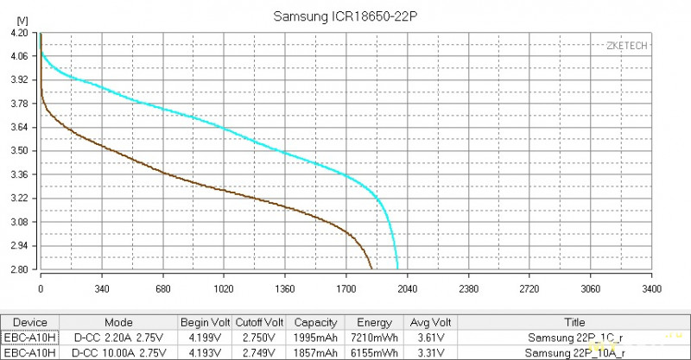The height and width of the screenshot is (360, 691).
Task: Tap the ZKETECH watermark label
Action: point(628,46)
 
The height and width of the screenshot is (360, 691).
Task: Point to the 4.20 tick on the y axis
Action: point(20,32)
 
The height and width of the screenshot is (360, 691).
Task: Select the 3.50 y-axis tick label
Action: point(20,151)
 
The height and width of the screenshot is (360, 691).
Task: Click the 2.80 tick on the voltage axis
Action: point(20,269)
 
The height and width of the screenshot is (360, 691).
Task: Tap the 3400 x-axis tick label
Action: point(652,288)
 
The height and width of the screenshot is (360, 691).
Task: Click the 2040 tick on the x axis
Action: point(408,288)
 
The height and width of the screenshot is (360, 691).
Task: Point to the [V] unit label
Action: point(22,19)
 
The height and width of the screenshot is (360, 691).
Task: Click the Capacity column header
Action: point(315,323)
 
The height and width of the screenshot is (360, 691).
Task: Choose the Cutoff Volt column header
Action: point(259,323)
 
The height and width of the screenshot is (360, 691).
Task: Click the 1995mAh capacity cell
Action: point(315,338)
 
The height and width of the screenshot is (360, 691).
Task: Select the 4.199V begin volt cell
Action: point(205,338)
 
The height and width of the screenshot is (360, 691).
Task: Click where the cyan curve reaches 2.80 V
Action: point(398,268)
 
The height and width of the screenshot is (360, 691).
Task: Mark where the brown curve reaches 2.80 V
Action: point(372,268)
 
